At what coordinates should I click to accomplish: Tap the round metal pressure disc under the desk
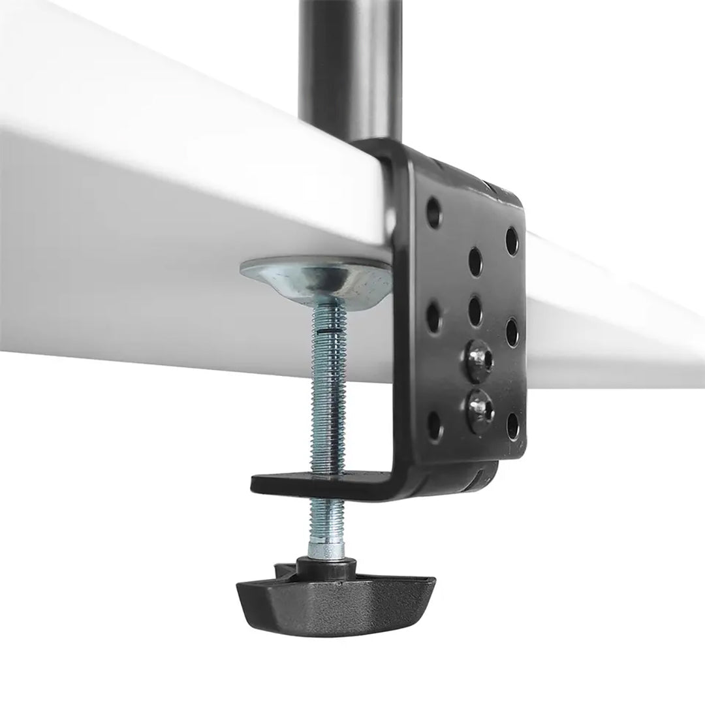(x=317, y=278)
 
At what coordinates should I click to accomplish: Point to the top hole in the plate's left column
(x=433, y=211)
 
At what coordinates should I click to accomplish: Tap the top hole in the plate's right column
(x=512, y=240)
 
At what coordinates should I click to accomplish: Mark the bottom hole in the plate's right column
(x=513, y=425)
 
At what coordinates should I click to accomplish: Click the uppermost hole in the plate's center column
(x=475, y=260)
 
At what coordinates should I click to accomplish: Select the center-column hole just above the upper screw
(x=475, y=309)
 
